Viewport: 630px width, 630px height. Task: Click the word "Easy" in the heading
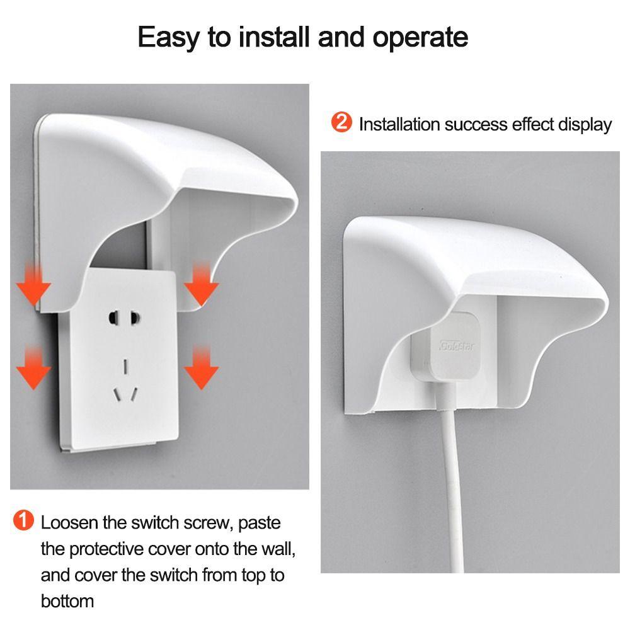coord(171,38)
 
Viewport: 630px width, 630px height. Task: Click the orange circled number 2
coord(341,122)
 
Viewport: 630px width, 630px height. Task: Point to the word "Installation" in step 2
coord(398,124)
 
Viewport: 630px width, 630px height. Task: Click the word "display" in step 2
coord(585,124)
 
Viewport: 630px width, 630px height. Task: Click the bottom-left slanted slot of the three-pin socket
coord(117,395)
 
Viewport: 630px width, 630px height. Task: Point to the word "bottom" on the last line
coord(67,600)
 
